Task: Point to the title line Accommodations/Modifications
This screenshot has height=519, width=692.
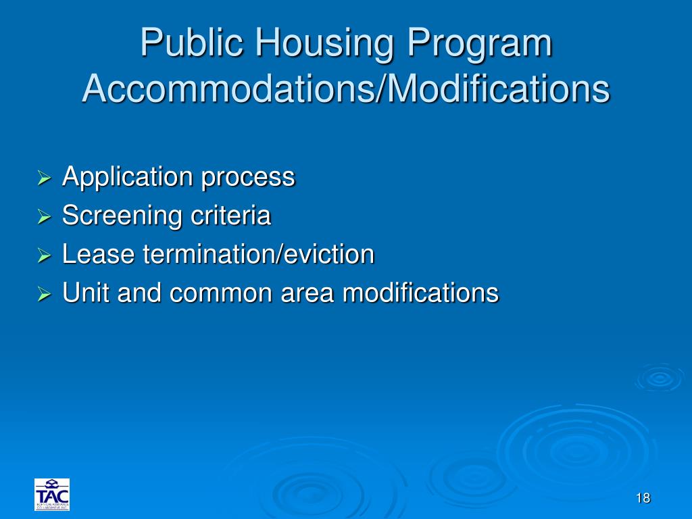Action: [345, 89]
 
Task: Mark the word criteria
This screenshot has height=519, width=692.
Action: [230, 216]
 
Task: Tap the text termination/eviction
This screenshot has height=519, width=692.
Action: [258, 255]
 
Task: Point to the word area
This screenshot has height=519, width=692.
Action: [312, 293]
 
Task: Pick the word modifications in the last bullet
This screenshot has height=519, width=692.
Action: [420, 293]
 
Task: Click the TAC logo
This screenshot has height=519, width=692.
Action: [52, 495]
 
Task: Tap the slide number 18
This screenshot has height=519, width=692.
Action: [643, 499]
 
